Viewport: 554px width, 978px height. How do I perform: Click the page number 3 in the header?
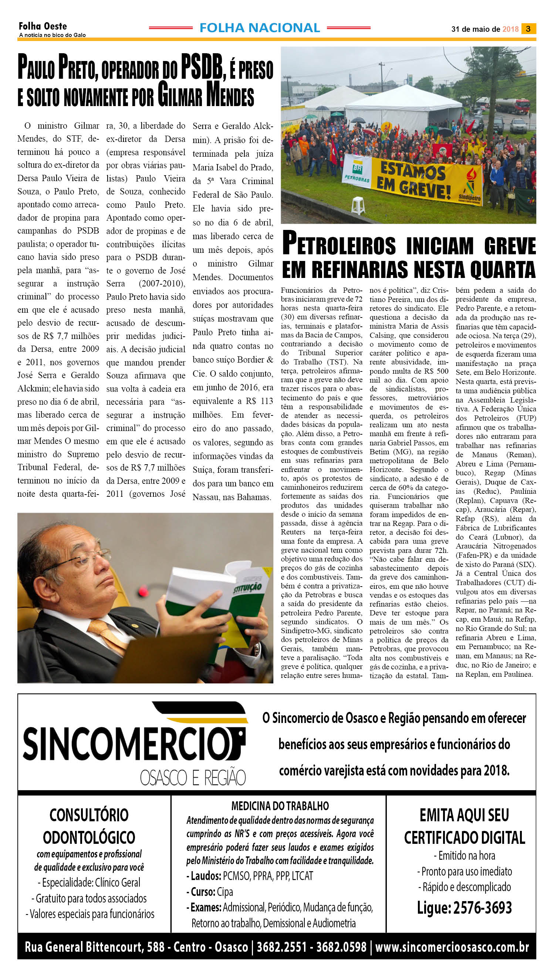pos(528,29)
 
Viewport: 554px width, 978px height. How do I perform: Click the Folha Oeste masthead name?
pos(43,26)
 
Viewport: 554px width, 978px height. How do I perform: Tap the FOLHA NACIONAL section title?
pos(260,28)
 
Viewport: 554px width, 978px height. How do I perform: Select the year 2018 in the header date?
pos(510,29)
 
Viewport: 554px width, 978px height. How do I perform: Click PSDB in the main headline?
pos(201,67)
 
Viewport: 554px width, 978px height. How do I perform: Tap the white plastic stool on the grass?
pos(358,205)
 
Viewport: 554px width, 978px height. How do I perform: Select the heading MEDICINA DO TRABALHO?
pos(280,806)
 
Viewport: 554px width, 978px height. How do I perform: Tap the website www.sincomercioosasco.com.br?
pos(452,947)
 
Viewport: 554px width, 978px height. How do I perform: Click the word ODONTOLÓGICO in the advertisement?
pos(89,838)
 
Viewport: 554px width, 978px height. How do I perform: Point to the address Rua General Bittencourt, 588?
pos(95,947)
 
